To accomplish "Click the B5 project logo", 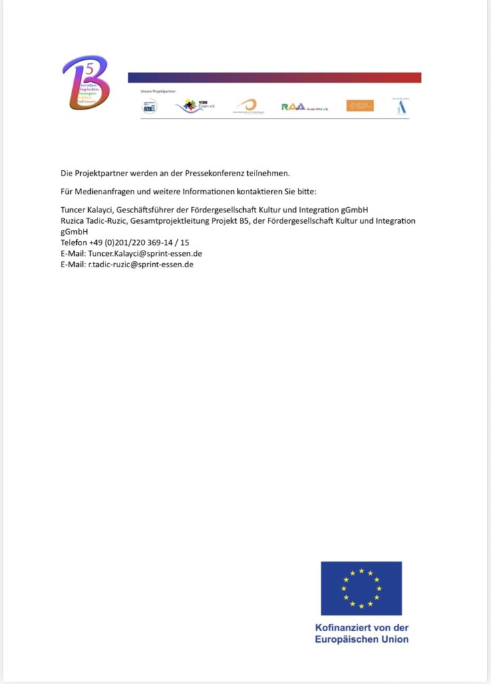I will pyautogui.click(x=85, y=83).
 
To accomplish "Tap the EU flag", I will pyautogui.click(x=361, y=588).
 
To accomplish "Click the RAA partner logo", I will pyautogui.click(x=305, y=106).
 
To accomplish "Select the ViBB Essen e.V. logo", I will pyautogui.click(x=194, y=106).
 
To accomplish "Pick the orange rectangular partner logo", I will pyautogui.click(x=360, y=106).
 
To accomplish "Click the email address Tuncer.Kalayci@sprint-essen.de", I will pyautogui.click(x=145, y=253).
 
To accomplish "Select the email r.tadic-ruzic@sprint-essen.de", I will pyautogui.click(x=141, y=264).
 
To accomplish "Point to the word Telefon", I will pyautogui.click(x=73, y=242).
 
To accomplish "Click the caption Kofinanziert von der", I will pyautogui.click(x=361, y=628).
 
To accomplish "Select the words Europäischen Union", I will pyautogui.click(x=361, y=639).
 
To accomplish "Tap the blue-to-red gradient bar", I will pyautogui.click(x=274, y=77).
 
